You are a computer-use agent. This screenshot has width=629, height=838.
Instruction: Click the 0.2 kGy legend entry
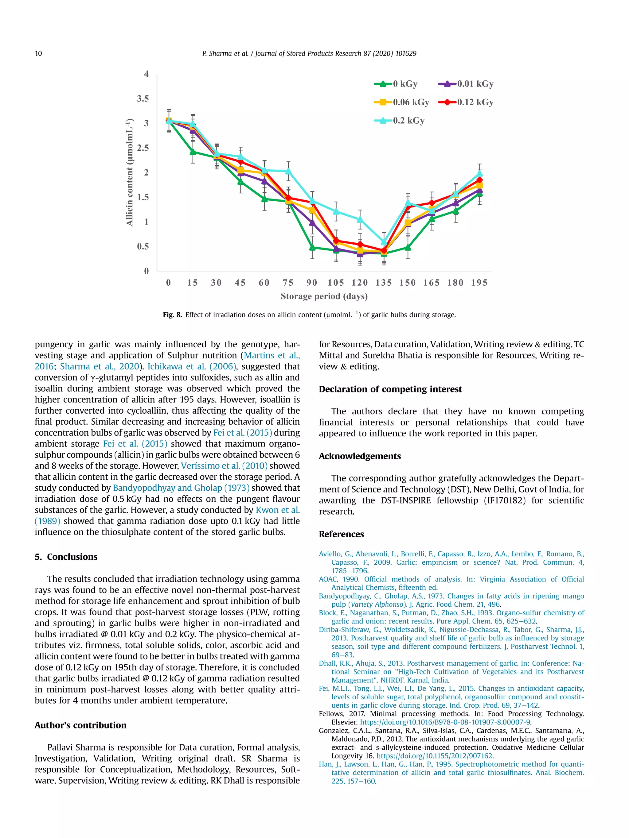coord(400,121)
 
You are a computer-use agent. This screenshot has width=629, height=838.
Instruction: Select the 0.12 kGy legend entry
coord(466,102)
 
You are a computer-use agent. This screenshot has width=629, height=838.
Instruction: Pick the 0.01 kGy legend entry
coord(466,84)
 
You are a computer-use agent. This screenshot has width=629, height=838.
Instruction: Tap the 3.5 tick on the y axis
coord(143,99)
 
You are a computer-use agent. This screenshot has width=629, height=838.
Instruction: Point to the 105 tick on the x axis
coord(336,283)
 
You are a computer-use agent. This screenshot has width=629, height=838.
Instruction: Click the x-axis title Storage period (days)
coord(324,296)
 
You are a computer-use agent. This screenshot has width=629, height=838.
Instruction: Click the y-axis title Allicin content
coord(130,172)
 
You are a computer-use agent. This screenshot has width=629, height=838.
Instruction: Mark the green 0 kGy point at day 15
coord(193,152)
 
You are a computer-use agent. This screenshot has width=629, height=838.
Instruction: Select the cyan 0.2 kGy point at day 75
coord(288,172)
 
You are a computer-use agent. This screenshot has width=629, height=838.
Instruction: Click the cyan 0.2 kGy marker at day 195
coord(479,174)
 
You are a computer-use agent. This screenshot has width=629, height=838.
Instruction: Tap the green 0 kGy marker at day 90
coord(312,247)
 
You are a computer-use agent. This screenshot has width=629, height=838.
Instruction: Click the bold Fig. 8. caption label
coord(173,315)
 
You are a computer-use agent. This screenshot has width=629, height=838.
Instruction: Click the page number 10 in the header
coord(38,53)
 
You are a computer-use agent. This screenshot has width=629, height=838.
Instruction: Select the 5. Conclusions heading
coord(66,557)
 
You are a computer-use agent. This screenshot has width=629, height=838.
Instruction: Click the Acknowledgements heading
coord(359,456)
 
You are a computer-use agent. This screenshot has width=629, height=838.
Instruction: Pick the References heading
coord(341,534)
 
